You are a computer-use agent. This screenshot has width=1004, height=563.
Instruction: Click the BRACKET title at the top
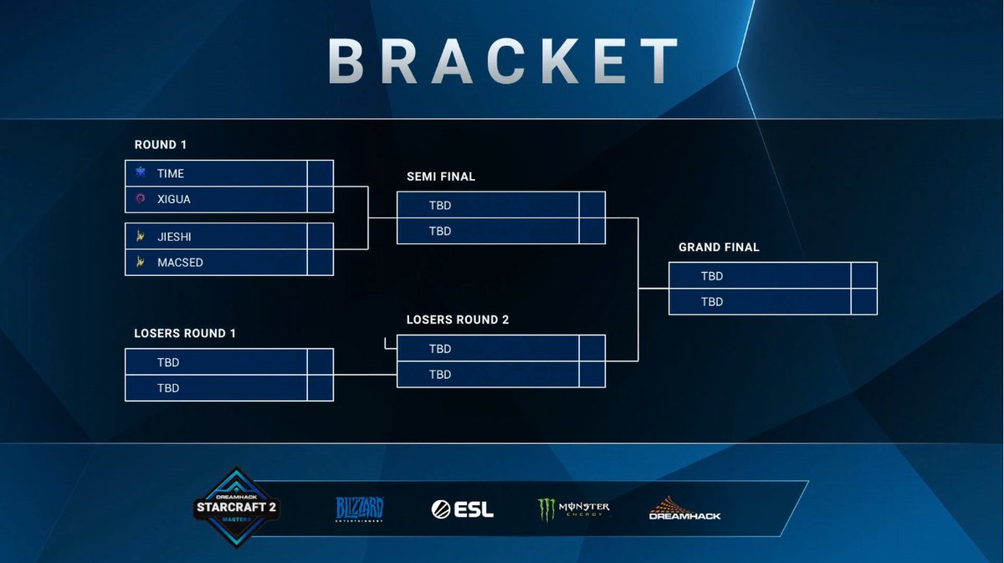tap(503, 59)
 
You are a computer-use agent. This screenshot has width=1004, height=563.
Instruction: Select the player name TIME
tap(171, 173)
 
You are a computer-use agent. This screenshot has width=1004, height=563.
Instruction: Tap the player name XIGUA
tap(174, 199)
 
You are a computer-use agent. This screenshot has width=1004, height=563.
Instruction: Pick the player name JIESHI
tap(174, 237)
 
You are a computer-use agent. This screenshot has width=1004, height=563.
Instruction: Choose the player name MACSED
tap(180, 263)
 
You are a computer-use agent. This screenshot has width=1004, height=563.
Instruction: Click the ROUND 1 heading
tap(161, 145)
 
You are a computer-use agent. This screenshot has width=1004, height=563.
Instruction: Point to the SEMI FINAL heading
tap(441, 177)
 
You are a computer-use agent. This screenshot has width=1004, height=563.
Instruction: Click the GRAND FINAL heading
tap(719, 248)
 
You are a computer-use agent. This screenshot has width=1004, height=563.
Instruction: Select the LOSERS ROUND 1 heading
tap(185, 333)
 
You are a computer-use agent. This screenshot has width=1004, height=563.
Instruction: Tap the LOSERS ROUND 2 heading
tap(458, 320)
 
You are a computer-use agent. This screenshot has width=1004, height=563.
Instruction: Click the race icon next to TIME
tap(140, 173)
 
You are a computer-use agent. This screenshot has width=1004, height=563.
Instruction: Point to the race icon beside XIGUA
tap(140, 199)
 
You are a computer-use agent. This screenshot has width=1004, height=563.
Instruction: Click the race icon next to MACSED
tap(140, 263)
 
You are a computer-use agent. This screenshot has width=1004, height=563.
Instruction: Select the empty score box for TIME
tap(320, 173)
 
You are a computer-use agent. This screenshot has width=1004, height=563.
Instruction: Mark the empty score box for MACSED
tap(320, 263)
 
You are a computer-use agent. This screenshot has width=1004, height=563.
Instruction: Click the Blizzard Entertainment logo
tap(360, 509)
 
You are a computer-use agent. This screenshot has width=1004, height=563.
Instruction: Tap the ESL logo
tap(462, 509)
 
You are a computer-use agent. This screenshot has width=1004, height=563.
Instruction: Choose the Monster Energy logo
tap(574, 509)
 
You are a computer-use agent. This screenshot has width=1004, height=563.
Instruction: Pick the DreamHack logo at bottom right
tap(684, 509)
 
